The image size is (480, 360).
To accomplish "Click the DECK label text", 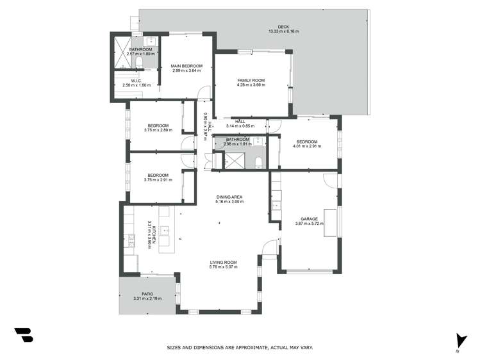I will pyautogui.click(x=283, y=27).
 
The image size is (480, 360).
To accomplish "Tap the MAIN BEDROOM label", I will pyautogui.click(x=186, y=66).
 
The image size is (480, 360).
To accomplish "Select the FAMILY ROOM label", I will pyautogui.click(x=251, y=81).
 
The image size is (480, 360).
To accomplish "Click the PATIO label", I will pyautogui.click(x=147, y=294).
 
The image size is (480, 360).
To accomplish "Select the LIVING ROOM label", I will pyautogui.click(x=223, y=262).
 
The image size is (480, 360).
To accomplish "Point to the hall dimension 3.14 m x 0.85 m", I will pyautogui.click(x=240, y=126).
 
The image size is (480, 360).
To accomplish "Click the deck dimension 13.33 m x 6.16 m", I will pyautogui.click(x=283, y=31).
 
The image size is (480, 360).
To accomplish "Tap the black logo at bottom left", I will pyautogui.click(x=23, y=335).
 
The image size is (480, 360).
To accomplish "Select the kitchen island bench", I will pyautogui.click(x=163, y=229).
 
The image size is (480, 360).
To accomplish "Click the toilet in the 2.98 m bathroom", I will pyautogui.click(x=257, y=161).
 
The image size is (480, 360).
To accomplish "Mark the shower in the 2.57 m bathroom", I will pyautogui.click(x=120, y=47).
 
